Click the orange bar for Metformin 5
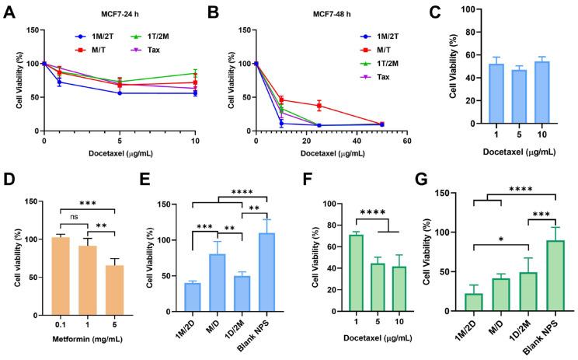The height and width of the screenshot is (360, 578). tap(115, 288)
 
